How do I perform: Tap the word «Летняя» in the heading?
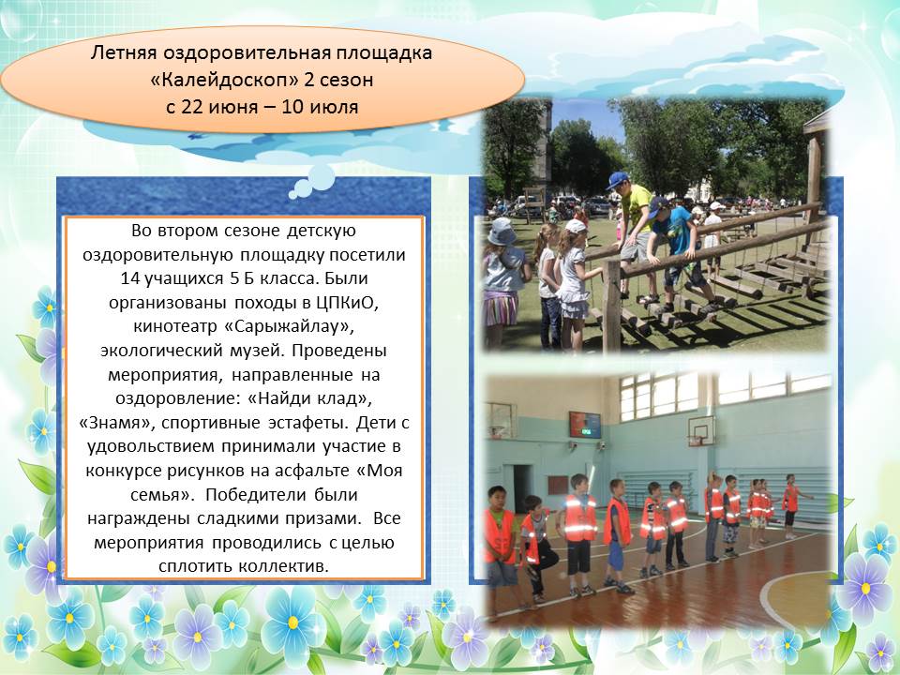[124, 52]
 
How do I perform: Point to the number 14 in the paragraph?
[132, 278]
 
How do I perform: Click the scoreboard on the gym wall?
[585, 424]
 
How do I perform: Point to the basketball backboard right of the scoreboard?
[701, 430]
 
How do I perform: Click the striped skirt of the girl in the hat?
[501, 307]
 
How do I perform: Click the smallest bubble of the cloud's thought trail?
[293, 195]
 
